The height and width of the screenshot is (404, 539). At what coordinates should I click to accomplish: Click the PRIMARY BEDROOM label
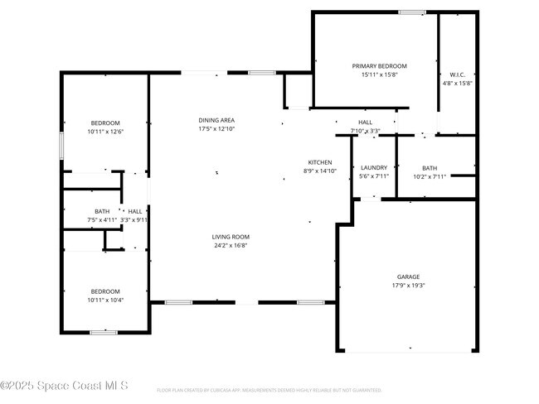(379, 66)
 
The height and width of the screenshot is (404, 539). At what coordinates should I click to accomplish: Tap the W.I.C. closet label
(457, 75)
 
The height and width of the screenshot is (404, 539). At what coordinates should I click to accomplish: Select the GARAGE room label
(407, 277)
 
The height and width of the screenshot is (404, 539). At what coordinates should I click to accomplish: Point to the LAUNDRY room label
(373, 168)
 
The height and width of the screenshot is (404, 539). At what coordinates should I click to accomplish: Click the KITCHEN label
(320, 162)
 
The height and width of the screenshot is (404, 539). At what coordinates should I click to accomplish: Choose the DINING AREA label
(216, 120)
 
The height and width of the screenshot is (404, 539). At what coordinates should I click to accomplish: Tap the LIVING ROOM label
(231, 237)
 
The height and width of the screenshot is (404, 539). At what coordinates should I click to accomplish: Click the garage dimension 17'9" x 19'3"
(407, 286)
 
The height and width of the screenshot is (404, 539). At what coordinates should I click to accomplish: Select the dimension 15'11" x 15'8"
(379, 75)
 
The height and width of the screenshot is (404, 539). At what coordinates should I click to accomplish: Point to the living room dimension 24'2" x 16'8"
(231, 245)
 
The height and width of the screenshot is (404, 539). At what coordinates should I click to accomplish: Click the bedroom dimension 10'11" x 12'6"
(105, 132)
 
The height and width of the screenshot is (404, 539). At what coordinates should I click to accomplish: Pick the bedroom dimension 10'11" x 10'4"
(105, 300)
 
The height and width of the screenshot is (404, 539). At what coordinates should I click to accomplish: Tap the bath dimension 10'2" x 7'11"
(430, 176)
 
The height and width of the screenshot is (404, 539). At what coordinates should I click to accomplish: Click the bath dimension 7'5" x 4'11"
(102, 219)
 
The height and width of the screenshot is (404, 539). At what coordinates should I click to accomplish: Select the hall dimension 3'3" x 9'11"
(134, 219)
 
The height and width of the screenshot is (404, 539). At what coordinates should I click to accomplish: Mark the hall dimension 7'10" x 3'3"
(365, 131)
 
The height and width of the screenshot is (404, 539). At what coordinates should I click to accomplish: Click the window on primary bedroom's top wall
(412, 12)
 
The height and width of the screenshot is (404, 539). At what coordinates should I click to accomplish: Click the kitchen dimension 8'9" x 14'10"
(320, 171)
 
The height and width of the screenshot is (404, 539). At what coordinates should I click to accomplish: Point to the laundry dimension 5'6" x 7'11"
(373, 176)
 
